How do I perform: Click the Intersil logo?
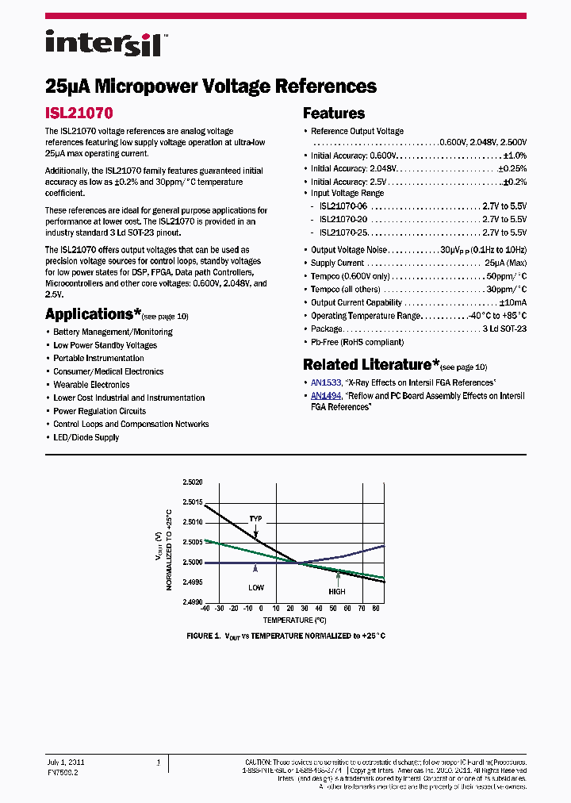point(103,43)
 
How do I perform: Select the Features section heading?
point(334,113)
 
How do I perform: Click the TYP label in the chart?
point(255,519)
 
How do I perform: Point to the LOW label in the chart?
point(255,587)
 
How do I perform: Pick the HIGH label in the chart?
point(337,592)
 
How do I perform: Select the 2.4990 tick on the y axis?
point(192,602)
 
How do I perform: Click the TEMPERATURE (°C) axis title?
point(294,620)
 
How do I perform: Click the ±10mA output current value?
point(512,302)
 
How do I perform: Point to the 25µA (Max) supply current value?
point(505,263)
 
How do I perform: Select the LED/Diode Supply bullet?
point(86,437)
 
